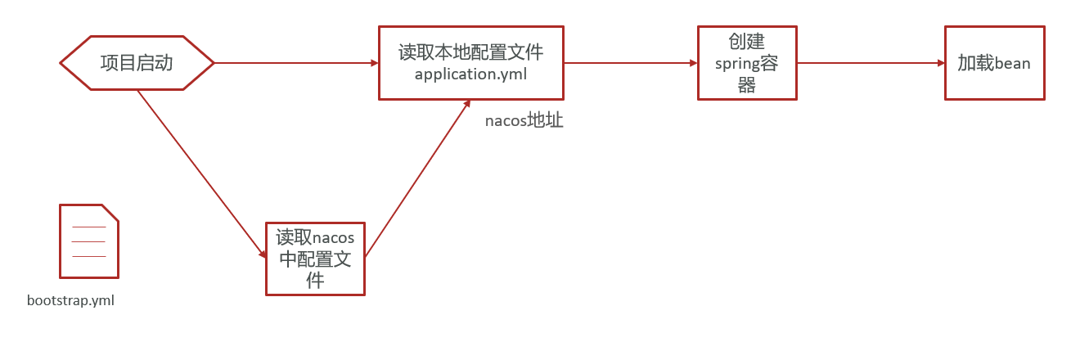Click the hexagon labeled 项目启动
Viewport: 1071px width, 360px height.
(137, 63)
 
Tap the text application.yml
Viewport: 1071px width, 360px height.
(470, 74)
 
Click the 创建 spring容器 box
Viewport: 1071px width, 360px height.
(747, 63)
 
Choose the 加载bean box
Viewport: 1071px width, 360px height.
(994, 63)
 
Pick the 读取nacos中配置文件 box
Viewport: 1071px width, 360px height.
(315, 259)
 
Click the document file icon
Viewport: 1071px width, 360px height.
(88, 241)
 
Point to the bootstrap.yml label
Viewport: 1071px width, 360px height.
(70, 300)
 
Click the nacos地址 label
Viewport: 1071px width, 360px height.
(524, 121)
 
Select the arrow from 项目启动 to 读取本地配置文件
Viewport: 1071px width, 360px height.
(295, 63)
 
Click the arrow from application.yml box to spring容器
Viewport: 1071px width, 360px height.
(630, 63)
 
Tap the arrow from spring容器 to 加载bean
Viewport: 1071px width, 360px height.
(871, 63)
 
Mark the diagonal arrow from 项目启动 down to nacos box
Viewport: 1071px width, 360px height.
(200, 172)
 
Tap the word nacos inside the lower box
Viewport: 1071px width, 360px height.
(334, 238)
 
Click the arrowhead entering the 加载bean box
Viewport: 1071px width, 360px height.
(940, 63)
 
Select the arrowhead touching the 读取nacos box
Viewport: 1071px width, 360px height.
(263, 254)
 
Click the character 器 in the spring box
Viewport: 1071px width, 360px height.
(747, 85)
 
